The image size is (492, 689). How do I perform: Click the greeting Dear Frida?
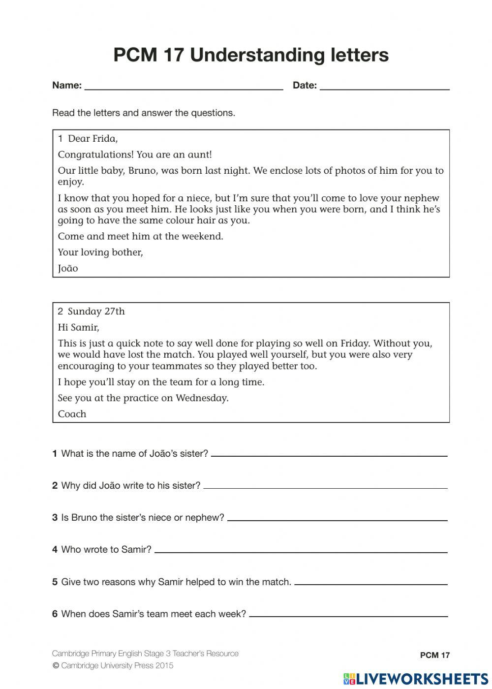point(92,139)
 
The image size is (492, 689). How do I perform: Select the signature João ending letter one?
point(68,269)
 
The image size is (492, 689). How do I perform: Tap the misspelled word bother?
point(128,252)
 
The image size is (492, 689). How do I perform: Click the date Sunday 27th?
point(96,312)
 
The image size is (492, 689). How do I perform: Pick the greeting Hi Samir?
point(78,328)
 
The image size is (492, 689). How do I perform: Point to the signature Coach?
point(72,414)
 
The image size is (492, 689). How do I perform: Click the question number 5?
point(55,582)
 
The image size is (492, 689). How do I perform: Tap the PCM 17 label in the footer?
point(434,656)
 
